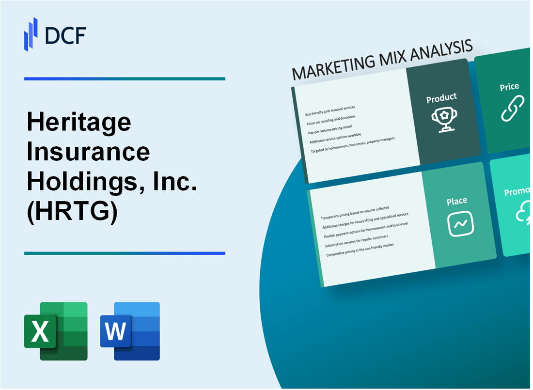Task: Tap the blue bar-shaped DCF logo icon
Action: [x=31, y=34]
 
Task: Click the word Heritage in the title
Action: [x=79, y=123]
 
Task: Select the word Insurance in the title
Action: [x=88, y=153]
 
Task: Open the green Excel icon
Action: [x=56, y=331]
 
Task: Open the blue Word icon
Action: [x=130, y=331]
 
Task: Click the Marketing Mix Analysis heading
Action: [x=382, y=62]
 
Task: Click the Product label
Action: [x=441, y=98]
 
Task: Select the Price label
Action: [x=509, y=87]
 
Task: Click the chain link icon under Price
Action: [x=512, y=109]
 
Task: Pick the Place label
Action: [x=457, y=201]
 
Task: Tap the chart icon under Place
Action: [x=460, y=224]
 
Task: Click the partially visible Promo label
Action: [x=517, y=192]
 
